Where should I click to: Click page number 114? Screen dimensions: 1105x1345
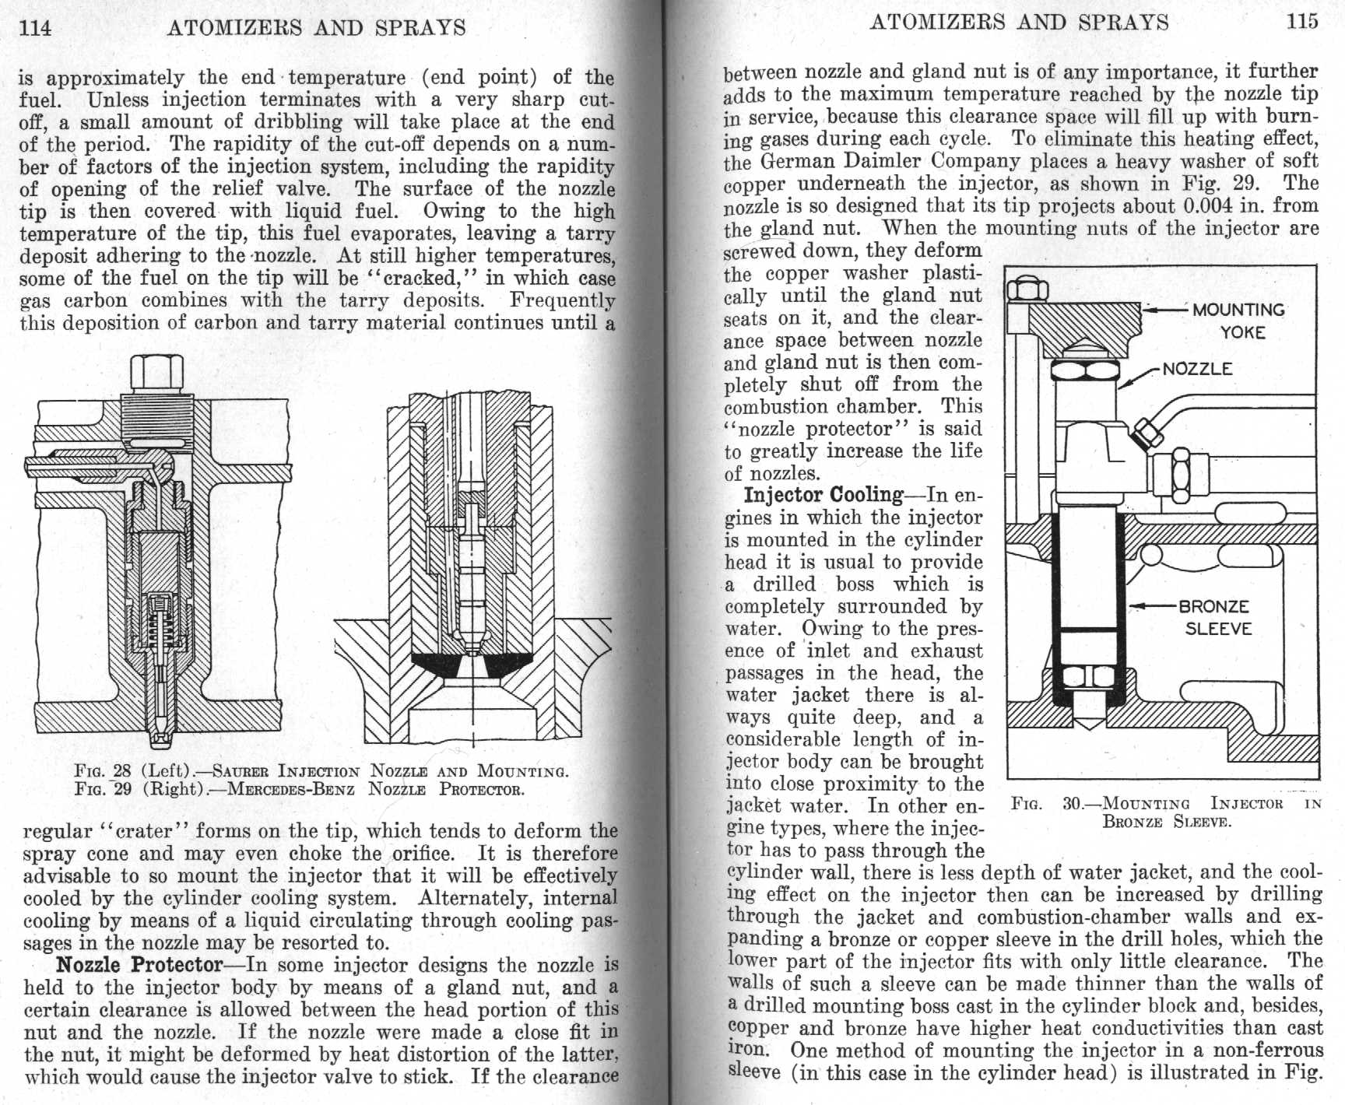click(35, 28)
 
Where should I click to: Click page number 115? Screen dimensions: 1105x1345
click(1302, 21)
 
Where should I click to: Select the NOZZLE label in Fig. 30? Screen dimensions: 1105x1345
click(1197, 369)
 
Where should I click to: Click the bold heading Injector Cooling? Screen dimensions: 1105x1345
click(823, 495)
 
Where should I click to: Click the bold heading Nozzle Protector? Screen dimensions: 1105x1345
click(139, 965)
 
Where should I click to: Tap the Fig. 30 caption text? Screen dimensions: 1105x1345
click(1166, 812)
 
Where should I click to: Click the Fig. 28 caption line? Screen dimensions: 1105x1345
click(321, 771)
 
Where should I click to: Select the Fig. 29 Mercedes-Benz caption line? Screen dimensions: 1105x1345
click(299, 789)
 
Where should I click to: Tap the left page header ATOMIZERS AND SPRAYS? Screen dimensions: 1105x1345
click(316, 28)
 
